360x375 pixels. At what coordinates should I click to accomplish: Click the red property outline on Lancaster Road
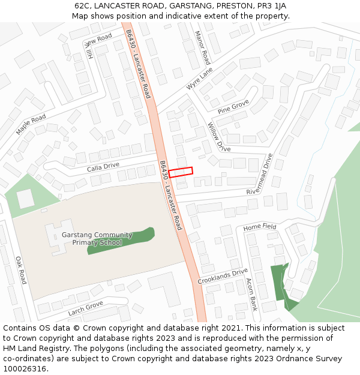(x=181, y=172)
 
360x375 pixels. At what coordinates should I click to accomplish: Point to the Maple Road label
(x=31, y=124)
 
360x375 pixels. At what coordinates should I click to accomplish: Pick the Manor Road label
(x=202, y=49)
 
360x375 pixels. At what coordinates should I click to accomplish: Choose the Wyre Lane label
(x=199, y=79)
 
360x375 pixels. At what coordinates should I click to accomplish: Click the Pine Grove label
(x=233, y=107)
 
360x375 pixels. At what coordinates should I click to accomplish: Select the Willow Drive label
(x=218, y=137)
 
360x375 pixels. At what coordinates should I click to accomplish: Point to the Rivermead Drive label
(x=260, y=173)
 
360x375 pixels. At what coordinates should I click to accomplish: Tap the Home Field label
(x=260, y=227)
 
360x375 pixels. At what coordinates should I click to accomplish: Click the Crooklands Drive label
(x=223, y=276)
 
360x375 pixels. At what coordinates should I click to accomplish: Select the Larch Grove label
(x=86, y=308)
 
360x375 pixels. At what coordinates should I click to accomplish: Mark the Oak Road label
(x=21, y=270)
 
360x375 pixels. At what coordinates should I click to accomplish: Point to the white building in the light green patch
(x=26, y=198)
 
